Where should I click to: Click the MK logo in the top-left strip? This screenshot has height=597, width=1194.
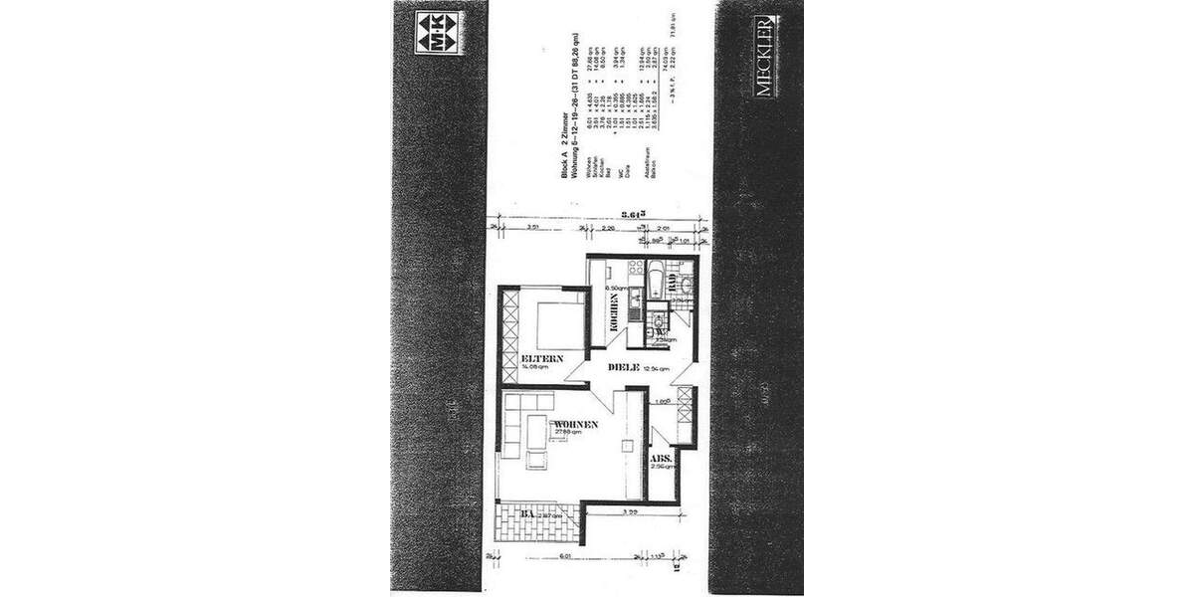pos(437,31)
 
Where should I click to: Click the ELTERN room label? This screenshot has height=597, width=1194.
pos(542,358)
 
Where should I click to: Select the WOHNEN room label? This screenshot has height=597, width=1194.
pos(576,424)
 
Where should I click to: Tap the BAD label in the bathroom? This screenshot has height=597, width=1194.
pos(673,281)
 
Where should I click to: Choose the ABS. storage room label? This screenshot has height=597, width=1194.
pos(662,459)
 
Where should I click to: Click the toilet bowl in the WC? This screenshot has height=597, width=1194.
pos(656,320)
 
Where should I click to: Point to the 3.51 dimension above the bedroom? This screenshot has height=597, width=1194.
pos(532,227)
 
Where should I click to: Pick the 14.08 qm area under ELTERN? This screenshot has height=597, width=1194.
pos(534,366)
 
